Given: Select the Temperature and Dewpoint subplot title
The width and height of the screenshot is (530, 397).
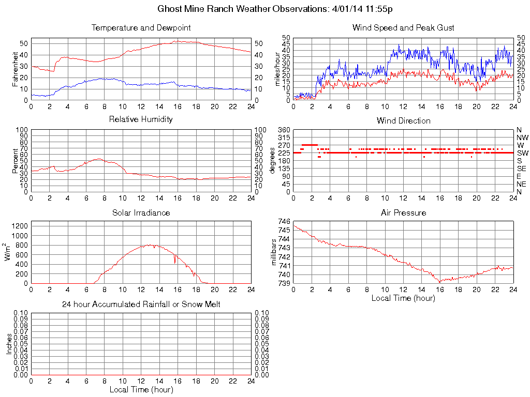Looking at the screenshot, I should point(141,27).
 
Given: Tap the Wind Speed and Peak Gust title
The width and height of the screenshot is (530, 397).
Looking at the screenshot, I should point(403,27).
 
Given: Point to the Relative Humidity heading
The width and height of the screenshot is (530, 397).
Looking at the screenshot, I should point(141,119).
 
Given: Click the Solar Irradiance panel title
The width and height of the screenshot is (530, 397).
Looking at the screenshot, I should point(141,212).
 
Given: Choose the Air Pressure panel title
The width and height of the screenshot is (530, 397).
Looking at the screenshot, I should point(403,212).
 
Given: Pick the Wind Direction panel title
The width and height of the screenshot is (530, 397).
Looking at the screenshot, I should point(403,120).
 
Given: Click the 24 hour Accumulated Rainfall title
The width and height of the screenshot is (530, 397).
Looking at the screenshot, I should point(141,304).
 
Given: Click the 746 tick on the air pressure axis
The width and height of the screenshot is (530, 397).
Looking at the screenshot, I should point(285,221).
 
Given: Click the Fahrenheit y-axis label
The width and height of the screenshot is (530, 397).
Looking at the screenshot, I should point(14,69).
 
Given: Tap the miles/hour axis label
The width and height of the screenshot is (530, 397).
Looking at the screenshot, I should point(277,69).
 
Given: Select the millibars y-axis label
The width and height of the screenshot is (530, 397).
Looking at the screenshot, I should point(275,253).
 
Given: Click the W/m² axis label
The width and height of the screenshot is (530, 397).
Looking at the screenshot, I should point(8,252).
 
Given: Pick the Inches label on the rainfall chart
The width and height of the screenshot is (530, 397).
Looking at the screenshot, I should point(8,344).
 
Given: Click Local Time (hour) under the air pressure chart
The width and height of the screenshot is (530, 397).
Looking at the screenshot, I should point(403,298).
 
